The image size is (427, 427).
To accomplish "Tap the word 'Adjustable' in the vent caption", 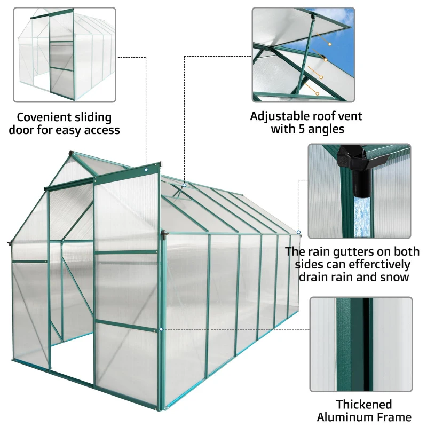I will point(278,116).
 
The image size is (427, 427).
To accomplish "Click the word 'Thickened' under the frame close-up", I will point(363,404).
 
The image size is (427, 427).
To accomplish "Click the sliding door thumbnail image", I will point(64,54).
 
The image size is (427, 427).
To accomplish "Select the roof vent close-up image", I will point(303,54).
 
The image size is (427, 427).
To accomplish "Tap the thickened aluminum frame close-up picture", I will point(361,344).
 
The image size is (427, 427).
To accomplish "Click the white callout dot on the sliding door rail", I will point(146,170).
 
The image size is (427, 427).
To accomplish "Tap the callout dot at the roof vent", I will point(184,186).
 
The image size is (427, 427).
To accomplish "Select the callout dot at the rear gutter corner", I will point(299,233).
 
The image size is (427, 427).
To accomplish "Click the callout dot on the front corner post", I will point(161,329).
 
